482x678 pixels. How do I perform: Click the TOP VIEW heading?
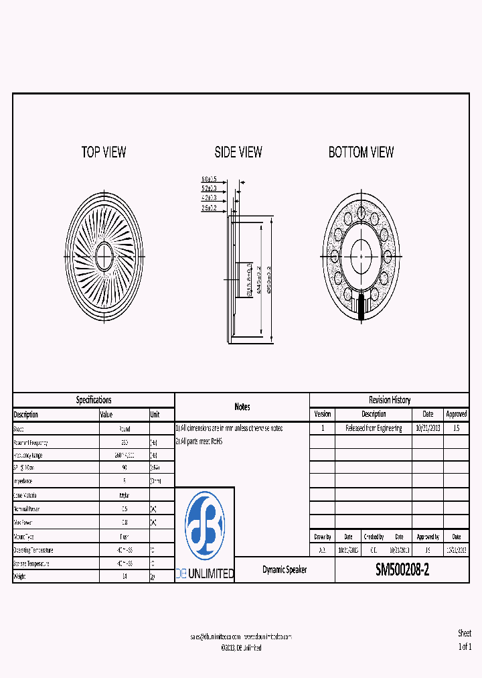point(104,153)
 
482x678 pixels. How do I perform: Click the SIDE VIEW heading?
point(238,153)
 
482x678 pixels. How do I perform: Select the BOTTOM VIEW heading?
point(361,153)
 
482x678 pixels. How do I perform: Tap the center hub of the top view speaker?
point(104,255)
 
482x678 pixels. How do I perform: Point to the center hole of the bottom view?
point(361,255)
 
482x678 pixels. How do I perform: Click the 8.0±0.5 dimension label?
point(210,179)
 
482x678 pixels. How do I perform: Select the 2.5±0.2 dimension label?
point(210,208)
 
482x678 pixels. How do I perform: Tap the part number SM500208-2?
point(402,570)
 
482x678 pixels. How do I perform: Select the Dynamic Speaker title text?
point(285,569)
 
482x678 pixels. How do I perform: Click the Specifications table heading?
point(94,400)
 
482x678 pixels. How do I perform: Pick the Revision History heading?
point(390,400)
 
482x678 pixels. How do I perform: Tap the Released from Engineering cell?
point(374,428)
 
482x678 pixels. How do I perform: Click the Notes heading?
point(242,407)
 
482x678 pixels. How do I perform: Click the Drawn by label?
point(323,537)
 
